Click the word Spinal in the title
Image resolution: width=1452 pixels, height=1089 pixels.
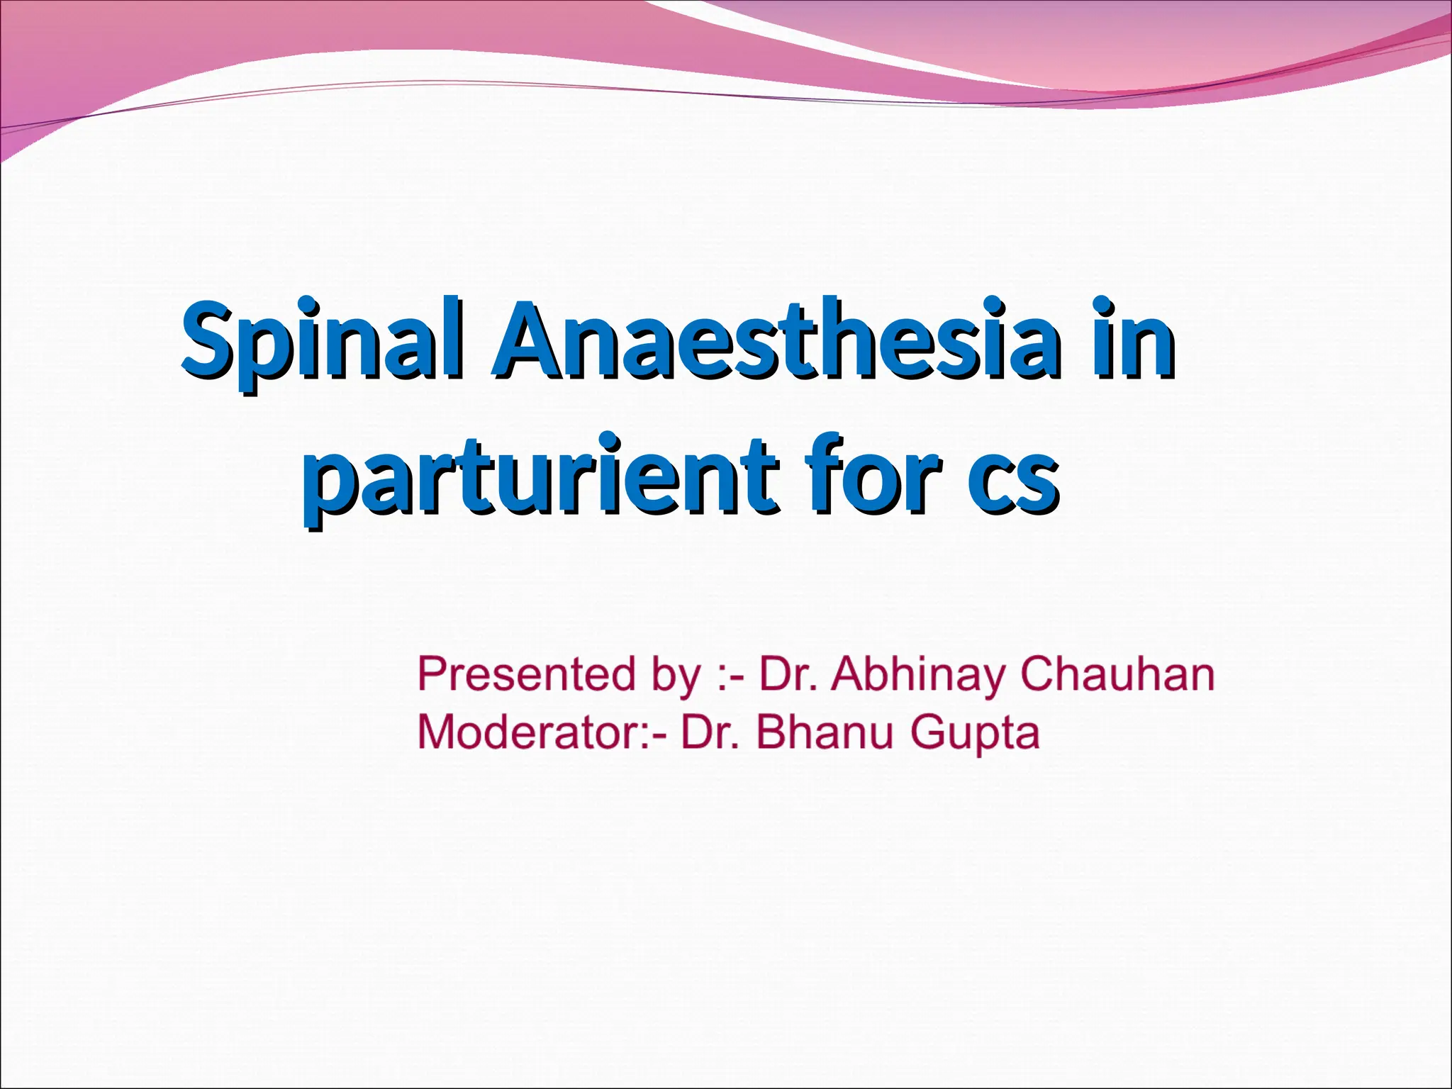point(323,344)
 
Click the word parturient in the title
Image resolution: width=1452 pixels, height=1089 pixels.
point(539,476)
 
